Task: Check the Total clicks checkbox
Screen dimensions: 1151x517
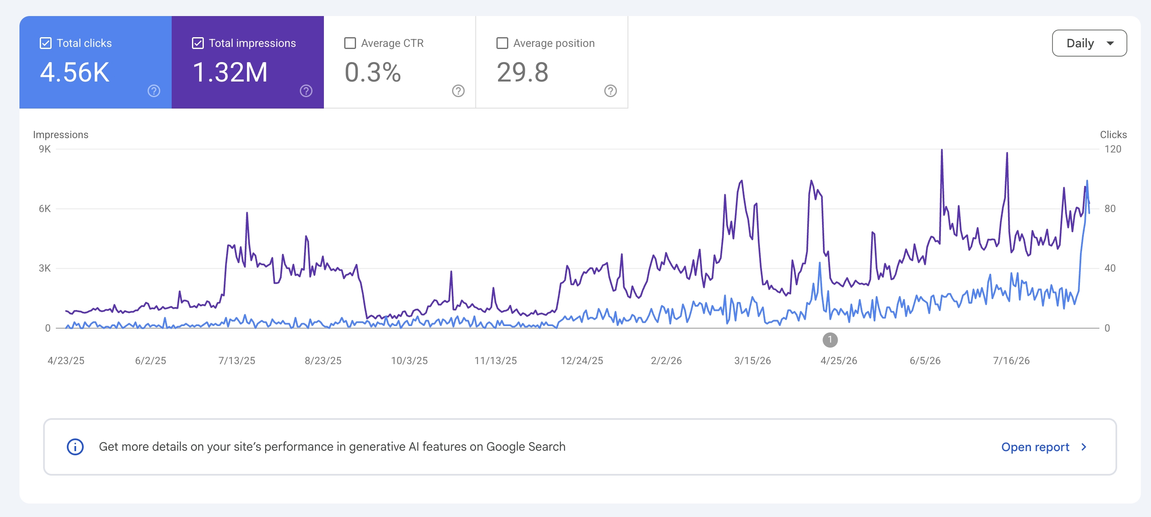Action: pos(46,44)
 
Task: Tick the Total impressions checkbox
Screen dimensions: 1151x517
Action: pos(198,44)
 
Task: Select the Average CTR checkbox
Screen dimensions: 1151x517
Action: pos(350,44)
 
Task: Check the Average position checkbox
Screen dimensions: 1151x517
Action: pos(502,44)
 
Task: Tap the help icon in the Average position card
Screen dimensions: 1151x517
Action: pos(610,91)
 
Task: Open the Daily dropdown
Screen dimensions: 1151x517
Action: pos(1089,44)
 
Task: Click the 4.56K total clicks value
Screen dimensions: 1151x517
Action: pos(74,72)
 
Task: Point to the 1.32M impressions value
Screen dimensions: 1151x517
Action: pos(230,72)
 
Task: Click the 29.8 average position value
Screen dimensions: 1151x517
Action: pos(522,72)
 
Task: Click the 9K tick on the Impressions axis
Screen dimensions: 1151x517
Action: pos(45,149)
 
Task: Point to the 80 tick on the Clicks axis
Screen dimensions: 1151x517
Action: pos(1110,209)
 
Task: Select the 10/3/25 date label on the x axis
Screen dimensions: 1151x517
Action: pos(409,361)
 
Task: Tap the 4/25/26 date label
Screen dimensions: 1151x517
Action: pos(839,361)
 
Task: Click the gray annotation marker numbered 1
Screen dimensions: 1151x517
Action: pos(830,340)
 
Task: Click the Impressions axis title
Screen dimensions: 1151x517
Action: pos(61,135)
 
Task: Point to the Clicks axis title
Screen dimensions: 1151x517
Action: pos(1113,135)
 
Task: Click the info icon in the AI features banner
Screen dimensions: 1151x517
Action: pos(75,447)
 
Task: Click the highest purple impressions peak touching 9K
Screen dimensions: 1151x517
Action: pos(942,150)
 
